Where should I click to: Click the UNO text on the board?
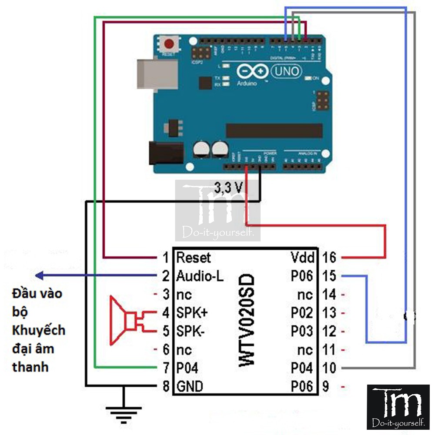286,71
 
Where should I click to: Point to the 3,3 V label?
228,187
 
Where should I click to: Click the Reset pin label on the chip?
193,258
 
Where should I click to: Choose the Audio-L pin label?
200,276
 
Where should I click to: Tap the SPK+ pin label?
192,313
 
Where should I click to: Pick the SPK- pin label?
191,331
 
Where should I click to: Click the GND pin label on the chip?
190,386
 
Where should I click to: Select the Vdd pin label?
302,258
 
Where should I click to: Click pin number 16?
330,258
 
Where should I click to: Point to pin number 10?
329,368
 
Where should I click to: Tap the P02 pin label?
302,313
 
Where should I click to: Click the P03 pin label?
302,331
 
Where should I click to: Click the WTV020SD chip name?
248,320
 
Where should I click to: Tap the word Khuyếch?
39,330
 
